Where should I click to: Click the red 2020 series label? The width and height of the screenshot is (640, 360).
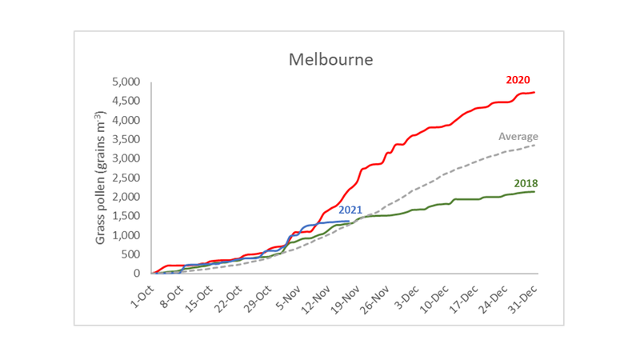point(518,80)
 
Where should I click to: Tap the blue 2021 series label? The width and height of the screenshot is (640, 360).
point(351,210)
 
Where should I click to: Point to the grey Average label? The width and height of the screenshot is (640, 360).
point(518,137)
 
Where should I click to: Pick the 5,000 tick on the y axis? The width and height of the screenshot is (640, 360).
point(126,82)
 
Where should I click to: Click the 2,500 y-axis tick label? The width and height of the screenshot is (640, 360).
point(126,178)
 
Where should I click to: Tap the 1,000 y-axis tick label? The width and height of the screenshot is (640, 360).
point(126,235)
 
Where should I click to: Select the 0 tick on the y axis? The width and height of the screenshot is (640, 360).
point(137,274)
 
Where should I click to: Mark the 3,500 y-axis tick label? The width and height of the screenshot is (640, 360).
point(126,139)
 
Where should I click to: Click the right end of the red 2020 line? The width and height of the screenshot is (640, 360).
point(534,92)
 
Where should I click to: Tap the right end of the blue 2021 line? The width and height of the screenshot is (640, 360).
point(349,221)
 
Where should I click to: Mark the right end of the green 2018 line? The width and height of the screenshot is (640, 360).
point(534,191)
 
